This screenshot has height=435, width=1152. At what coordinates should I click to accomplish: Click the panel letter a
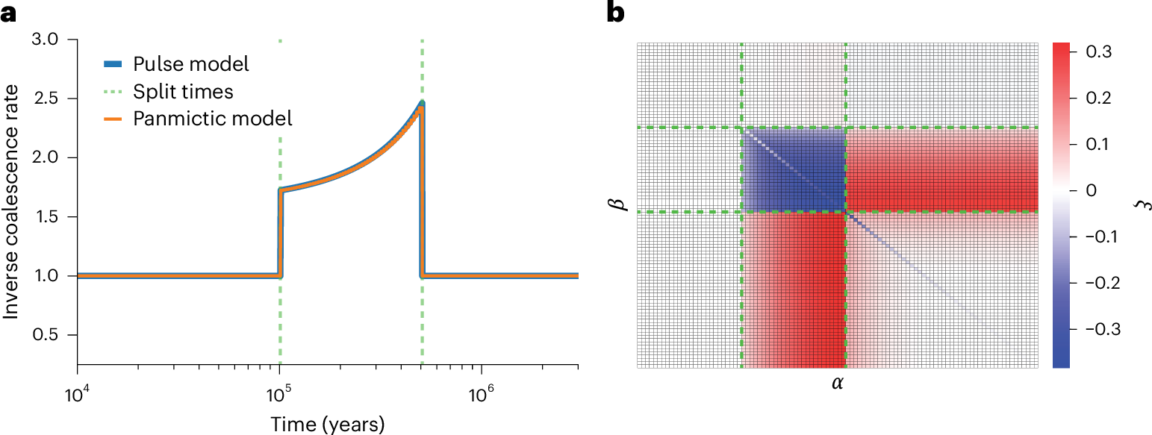click(x=8, y=14)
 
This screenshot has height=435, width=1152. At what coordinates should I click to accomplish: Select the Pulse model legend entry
click(x=190, y=63)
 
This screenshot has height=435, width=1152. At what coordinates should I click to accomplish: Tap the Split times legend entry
click(x=183, y=91)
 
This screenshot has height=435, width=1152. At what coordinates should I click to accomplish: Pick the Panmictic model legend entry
click(x=212, y=118)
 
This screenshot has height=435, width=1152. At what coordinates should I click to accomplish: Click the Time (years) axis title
click(x=328, y=424)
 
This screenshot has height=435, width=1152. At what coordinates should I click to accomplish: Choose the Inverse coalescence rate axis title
click(x=12, y=202)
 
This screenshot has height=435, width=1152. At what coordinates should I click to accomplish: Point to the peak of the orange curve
click(x=421, y=106)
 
